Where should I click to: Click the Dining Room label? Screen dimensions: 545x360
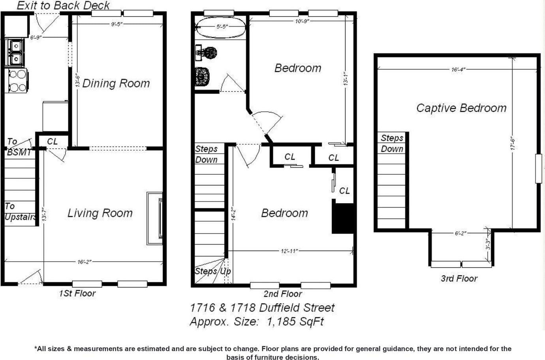pyautogui.click(x=116, y=83)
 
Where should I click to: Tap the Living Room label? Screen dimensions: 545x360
pyautogui.click(x=100, y=213)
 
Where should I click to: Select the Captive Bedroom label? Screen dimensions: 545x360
pyautogui.click(x=461, y=108)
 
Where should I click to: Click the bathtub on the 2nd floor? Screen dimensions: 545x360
pyautogui.click(x=221, y=27)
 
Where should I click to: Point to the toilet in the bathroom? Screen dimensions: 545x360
pyautogui.click(x=202, y=77)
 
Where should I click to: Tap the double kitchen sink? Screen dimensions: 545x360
pyautogui.click(x=15, y=52)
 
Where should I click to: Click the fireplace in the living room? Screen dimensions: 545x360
pyautogui.click(x=155, y=219)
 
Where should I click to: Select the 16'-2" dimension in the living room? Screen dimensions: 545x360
pyautogui.click(x=85, y=262)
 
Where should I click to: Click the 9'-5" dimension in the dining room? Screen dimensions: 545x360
pyautogui.click(x=117, y=24)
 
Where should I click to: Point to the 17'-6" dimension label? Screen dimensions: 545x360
pyautogui.click(x=512, y=143)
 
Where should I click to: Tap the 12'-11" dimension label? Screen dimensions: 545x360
pyautogui.click(x=289, y=251)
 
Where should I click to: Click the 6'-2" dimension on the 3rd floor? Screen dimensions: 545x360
pyautogui.click(x=460, y=233)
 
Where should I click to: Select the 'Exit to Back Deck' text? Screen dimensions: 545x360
pyautogui.click(x=63, y=6)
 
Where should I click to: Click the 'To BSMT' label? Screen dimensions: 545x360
pyautogui.click(x=19, y=147)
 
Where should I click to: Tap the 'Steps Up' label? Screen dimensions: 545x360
pyautogui.click(x=212, y=271)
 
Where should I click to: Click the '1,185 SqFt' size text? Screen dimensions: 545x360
pyautogui.click(x=295, y=322)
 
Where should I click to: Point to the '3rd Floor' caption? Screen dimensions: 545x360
pyautogui.click(x=459, y=279)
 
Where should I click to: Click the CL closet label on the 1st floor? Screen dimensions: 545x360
pyautogui.click(x=52, y=141)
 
